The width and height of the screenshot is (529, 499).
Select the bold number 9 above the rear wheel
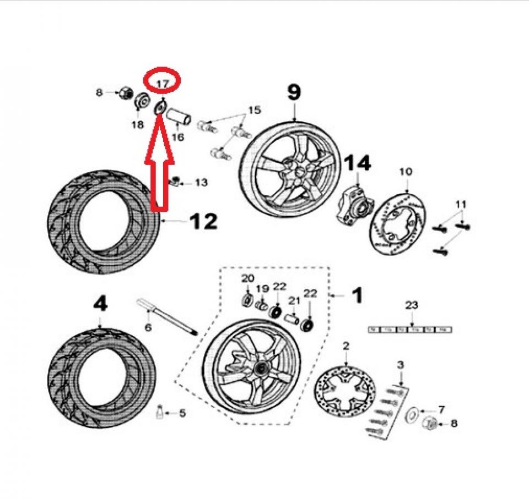pyautogui.click(x=294, y=93)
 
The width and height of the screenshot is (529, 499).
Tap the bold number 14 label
pyautogui.click(x=358, y=163)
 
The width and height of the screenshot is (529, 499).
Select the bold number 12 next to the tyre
pyautogui.click(x=203, y=221)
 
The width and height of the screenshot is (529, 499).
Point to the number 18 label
pyautogui.click(x=137, y=125)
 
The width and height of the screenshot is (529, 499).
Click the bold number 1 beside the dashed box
pyautogui.click(x=357, y=296)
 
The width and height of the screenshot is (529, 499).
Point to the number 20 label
pyautogui.click(x=247, y=278)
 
